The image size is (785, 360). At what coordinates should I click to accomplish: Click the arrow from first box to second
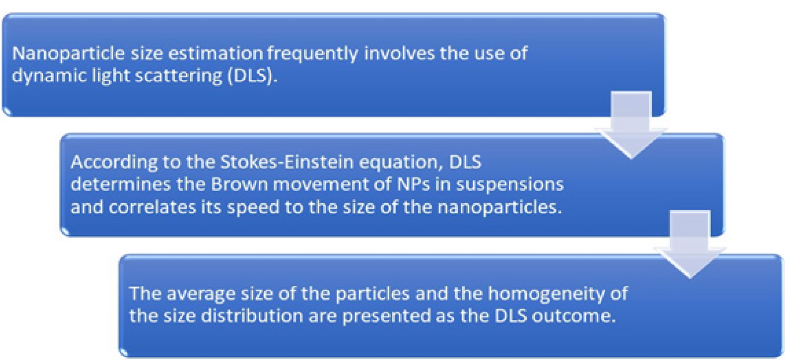(x=631, y=125)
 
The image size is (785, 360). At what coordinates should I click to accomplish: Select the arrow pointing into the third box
(x=690, y=244)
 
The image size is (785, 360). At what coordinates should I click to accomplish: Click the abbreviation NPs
(x=413, y=184)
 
